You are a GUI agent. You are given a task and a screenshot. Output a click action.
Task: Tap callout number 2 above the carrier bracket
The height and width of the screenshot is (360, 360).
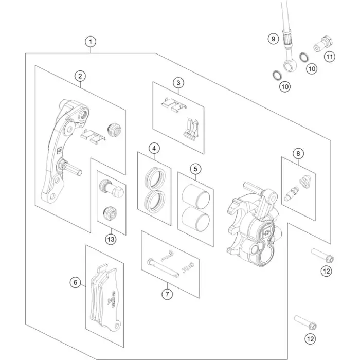[80, 76]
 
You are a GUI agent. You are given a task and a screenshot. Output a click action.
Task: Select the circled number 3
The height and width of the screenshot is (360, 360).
[178, 82]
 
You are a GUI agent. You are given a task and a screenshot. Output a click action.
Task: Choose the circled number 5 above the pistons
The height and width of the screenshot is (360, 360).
[195, 168]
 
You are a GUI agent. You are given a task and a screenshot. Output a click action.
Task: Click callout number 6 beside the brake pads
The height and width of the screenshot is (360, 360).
[75, 282]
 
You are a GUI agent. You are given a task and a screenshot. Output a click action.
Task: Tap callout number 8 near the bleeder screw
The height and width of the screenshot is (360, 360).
[297, 153]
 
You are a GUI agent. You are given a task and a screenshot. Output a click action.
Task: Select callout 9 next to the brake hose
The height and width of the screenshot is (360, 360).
[274, 39]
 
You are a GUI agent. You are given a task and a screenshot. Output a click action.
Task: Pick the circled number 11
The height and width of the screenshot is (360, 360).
[329, 57]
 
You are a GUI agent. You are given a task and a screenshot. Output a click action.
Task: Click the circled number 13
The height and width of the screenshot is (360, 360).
[110, 239]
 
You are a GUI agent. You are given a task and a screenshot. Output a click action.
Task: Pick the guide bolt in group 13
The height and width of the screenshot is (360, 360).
[112, 187]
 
